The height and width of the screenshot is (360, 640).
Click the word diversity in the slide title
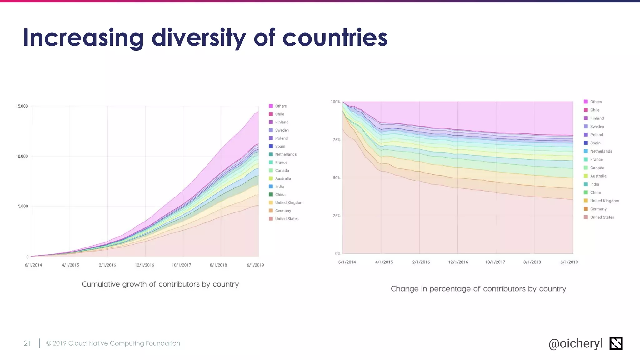coord(199,38)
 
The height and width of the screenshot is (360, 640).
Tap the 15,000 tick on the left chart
coord(22,106)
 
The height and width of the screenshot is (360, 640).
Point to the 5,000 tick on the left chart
coord(23,206)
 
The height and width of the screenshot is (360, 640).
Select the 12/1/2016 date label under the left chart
coord(144,265)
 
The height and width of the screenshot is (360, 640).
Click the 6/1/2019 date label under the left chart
coord(255,265)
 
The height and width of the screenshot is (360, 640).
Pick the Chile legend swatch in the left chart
coord(271,114)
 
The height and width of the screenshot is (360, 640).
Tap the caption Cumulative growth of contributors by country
coord(160,284)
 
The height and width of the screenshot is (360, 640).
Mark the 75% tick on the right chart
coord(337,140)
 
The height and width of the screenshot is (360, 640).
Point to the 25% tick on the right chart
coord(337,216)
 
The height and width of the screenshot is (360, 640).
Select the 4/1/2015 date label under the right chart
coord(384,262)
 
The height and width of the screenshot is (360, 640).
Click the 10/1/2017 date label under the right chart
coord(495,262)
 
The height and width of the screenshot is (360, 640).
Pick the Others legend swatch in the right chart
coord(586,102)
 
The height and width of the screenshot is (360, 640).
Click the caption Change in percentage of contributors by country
coord(478,289)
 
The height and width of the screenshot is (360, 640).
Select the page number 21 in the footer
coord(27,343)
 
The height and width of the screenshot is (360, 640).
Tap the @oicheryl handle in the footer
coord(575,343)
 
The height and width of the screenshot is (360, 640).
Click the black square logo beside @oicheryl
coord(616,343)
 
